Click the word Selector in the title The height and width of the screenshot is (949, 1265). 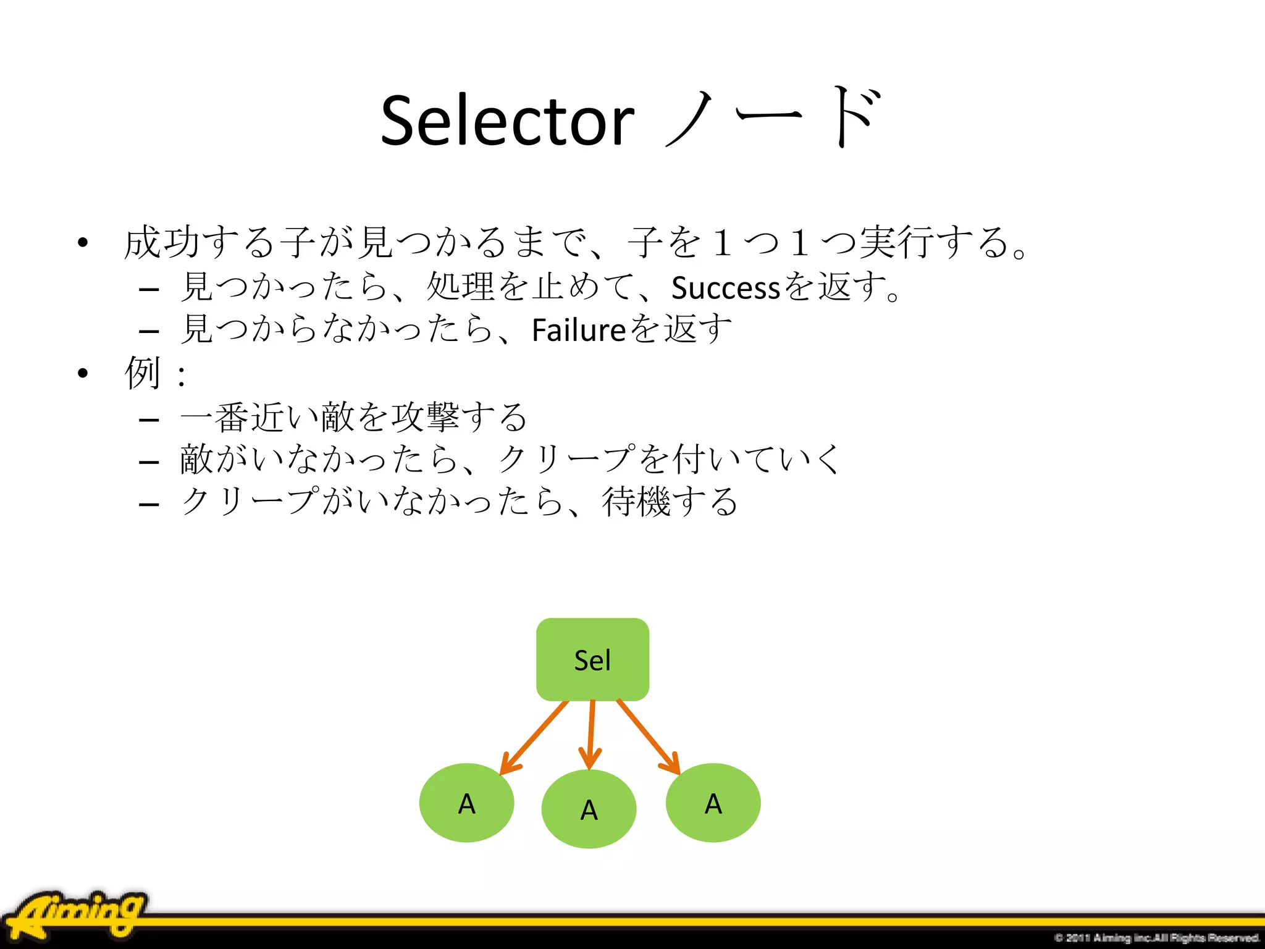[x=506, y=121]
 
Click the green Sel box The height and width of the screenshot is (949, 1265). [x=592, y=659]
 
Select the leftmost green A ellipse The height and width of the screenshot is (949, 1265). [x=466, y=803]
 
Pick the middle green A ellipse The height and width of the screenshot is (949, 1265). [x=589, y=809]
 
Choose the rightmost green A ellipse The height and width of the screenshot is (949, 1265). [x=713, y=803]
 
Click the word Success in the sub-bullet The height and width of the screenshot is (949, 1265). [x=726, y=288]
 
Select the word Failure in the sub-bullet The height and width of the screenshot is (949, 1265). [x=579, y=330]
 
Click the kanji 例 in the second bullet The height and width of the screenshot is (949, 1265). [x=142, y=373]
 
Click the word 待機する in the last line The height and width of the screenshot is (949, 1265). [x=670, y=502]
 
